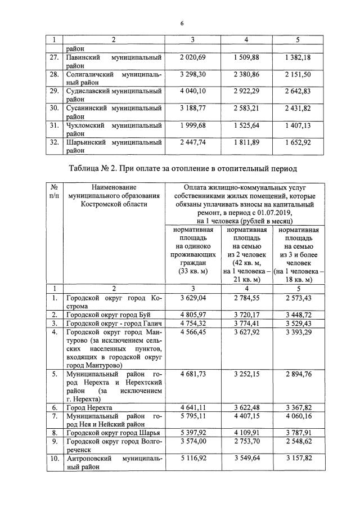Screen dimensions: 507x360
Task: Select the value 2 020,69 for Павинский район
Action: coord(193,57)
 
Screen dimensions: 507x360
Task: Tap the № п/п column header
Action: coord(54,191)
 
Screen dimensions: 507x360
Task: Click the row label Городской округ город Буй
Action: coord(108,314)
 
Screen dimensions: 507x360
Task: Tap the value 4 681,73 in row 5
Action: coord(193,374)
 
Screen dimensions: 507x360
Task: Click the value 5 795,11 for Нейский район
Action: coord(193,416)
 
